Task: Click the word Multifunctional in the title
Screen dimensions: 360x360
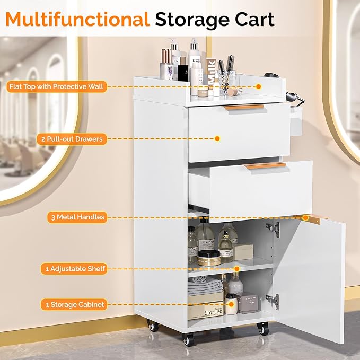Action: [77, 20]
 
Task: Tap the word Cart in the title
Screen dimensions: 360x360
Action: [254, 20]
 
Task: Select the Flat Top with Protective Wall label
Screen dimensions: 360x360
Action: [57, 86]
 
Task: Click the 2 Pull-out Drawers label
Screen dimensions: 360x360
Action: [72, 139]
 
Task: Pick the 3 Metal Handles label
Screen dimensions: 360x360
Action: [77, 217]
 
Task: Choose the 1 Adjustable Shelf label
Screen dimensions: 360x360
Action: [74, 269]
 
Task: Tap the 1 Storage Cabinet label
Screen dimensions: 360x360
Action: [74, 305]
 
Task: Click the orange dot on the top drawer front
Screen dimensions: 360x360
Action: [217, 139]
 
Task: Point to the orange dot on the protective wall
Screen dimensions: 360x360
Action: [259, 86]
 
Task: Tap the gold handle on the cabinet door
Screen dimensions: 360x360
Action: [312, 219]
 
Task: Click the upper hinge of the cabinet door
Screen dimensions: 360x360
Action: [274, 229]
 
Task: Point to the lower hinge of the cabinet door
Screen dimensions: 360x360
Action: [273, 301]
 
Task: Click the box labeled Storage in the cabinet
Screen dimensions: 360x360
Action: [206, 311]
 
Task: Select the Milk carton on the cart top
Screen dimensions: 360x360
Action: [212, 73]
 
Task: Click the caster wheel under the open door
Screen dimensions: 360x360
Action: [263, 329]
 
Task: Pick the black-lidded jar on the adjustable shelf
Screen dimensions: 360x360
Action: [209, 258]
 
